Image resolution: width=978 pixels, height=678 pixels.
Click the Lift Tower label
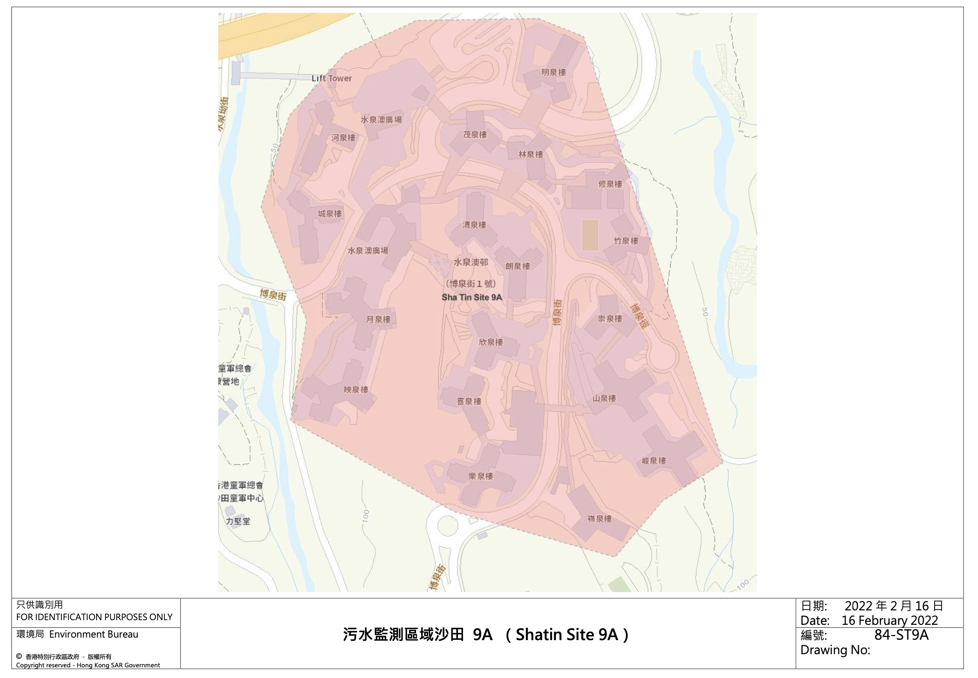pyautogui.click(x=332, y=78)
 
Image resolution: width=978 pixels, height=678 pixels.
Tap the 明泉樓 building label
pyautogui.click(x=554, y=72)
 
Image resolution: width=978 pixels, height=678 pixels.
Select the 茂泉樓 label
pyautogui.click(x=475, y=135)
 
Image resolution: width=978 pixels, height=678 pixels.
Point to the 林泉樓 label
pyautogui.click(x=531, y=154)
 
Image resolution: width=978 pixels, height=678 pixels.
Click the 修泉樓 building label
pyautogui.click(x=610, y=184)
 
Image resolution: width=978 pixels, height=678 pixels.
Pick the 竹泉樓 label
pyautogui.click(x=626, y=241)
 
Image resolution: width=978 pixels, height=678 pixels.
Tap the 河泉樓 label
pyautogui.click(x=343, y=138)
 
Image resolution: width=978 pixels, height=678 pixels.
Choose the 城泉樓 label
pyautogui.click(x=330, y=214)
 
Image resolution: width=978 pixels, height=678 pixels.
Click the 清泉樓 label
pyautogui.click(x=475, y=225)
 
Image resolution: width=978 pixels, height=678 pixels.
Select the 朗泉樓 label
pyautogui.click(x=518, y=266)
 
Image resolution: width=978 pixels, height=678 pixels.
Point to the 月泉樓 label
pyautogui.click(x=378, y=319)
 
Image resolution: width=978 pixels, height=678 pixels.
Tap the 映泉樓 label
pyautogui.click(x=356, y=390)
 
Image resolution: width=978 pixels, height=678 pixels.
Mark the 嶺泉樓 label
pyautogui.click(x=600, y=519)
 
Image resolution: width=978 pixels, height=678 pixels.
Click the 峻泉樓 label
pyautogui.click(x=654, y=461)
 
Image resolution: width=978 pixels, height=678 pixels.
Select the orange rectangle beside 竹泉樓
pyautogui.click(x=590, y=235)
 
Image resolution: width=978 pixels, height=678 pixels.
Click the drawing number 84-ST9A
pyautogui.click(x=901, y=635)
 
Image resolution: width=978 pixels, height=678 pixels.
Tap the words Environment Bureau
pyautogui.click(x=94, y=635)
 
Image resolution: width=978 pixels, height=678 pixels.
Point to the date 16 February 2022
pyautogui.click(x=890, y=621)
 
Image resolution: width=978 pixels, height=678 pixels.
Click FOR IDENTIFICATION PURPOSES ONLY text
pyautogui.click(x=94, y=617)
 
